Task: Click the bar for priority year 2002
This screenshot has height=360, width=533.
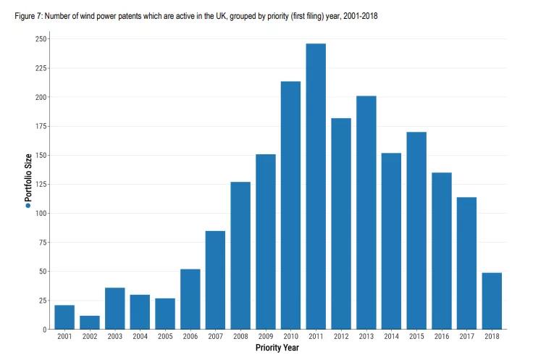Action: tap(90, 322)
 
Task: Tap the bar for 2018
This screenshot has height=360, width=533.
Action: tap(492, 301)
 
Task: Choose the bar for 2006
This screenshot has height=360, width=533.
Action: tap(190, 299)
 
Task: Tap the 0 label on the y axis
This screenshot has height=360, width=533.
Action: tap(45, 330)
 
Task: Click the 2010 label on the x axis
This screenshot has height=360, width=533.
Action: tap(290, 338)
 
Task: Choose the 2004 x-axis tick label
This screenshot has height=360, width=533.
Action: tap(140, 338)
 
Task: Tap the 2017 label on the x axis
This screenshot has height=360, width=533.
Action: tap(466, 338)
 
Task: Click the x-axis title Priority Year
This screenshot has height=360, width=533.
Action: tap(277, 348)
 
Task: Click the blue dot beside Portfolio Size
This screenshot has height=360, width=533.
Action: tap(28, 206)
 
